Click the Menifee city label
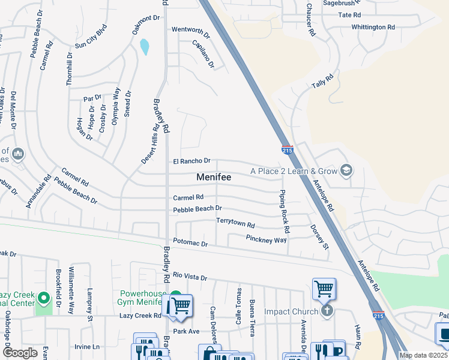[x=214, y=178]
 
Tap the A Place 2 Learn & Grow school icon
[x=345, y=171]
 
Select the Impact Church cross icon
[x=326, y=311]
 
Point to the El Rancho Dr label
[x=191, y=161]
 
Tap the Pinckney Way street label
[x=266, y=239]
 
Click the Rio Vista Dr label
[x=189, y=277]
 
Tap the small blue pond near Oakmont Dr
[x=145, y=46]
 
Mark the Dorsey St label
[x=319, y=237]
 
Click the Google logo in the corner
[x=20, y=353]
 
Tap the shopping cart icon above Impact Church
[x=324, y=289]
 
